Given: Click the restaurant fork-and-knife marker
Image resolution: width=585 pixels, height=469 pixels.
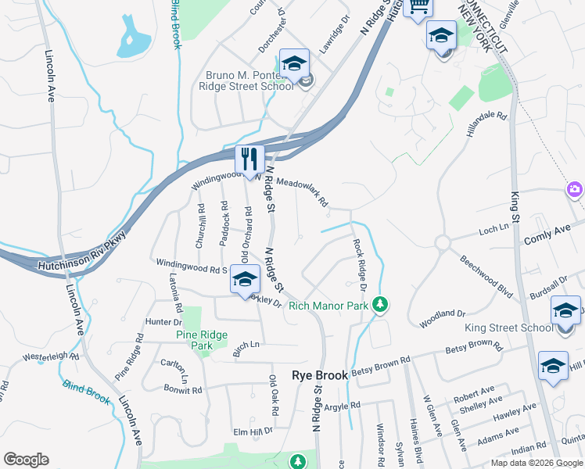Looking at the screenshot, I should click(250, 159).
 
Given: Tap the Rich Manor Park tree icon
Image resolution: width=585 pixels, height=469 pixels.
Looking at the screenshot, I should click(380, 305).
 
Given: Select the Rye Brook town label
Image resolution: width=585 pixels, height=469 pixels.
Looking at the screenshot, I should click(319, 375).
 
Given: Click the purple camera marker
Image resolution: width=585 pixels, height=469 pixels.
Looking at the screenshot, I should click(575, 189).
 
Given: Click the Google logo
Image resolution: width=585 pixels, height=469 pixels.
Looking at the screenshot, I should click(26, 459).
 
